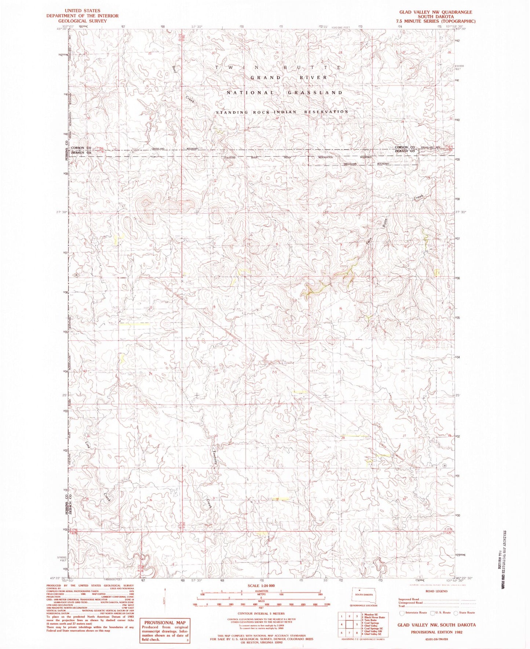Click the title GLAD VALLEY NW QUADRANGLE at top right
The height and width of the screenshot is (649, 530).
(435, 12)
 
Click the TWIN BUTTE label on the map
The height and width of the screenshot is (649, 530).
(279, 67)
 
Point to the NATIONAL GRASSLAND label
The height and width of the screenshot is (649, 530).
(285, 93)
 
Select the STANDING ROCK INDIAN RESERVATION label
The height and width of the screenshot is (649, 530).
(282, 112)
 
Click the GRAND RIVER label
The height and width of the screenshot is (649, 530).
(289, 78)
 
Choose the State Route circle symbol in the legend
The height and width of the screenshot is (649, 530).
(456, 612)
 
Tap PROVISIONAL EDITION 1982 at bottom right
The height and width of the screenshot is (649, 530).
(436, 632)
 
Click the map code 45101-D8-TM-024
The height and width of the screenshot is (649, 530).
(435, 639)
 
